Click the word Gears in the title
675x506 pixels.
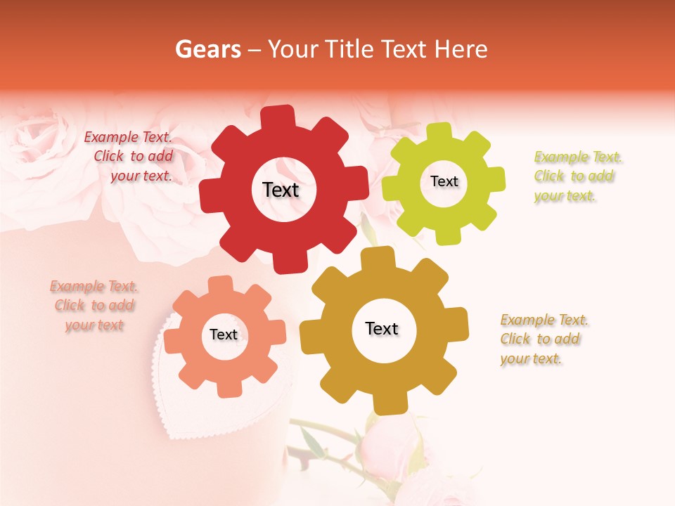pyautogui.click(x=206, y=49)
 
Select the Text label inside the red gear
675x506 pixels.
pyautogui.click(x=281, y=190)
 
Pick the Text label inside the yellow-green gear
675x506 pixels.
pyautogui.click(x=444, y=181)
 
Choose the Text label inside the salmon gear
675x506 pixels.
pyautogui.click(x=224, y=335)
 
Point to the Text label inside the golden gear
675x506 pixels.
pyautogui.click(x=382, y=328)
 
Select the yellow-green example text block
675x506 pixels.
pyautogui.click(x=577, y=176)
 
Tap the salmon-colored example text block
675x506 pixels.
pyautogui.click(x=94, y=306)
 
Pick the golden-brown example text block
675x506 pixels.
pyautogui.click(x=543, y=339)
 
